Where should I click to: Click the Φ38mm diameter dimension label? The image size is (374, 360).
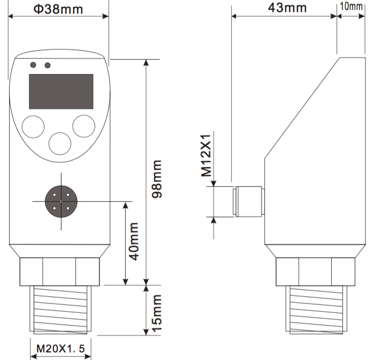point(58,9)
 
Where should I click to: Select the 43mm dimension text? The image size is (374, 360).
point(287,7)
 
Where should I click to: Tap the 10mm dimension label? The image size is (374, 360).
point(352,6)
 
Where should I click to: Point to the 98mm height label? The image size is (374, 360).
point(157,179)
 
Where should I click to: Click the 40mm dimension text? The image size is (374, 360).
point(134,241)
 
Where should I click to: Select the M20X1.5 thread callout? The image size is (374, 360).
point(60,349)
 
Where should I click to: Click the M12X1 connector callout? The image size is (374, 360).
point(207,155)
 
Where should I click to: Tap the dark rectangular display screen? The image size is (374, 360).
point(61,91)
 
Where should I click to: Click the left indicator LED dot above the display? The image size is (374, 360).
point(33,65)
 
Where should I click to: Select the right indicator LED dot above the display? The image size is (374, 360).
point(48,65)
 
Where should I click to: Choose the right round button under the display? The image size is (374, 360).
point(84,126)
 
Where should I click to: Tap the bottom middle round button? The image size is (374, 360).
point(60,144)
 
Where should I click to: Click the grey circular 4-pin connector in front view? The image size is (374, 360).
point(61,201)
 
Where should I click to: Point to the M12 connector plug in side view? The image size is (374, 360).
point(248,202)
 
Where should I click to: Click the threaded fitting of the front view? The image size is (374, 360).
point(60,310)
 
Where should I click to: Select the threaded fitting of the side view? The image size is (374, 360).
point(316,310)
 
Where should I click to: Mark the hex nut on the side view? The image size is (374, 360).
point(315,272)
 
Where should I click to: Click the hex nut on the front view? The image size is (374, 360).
point(60,272)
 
